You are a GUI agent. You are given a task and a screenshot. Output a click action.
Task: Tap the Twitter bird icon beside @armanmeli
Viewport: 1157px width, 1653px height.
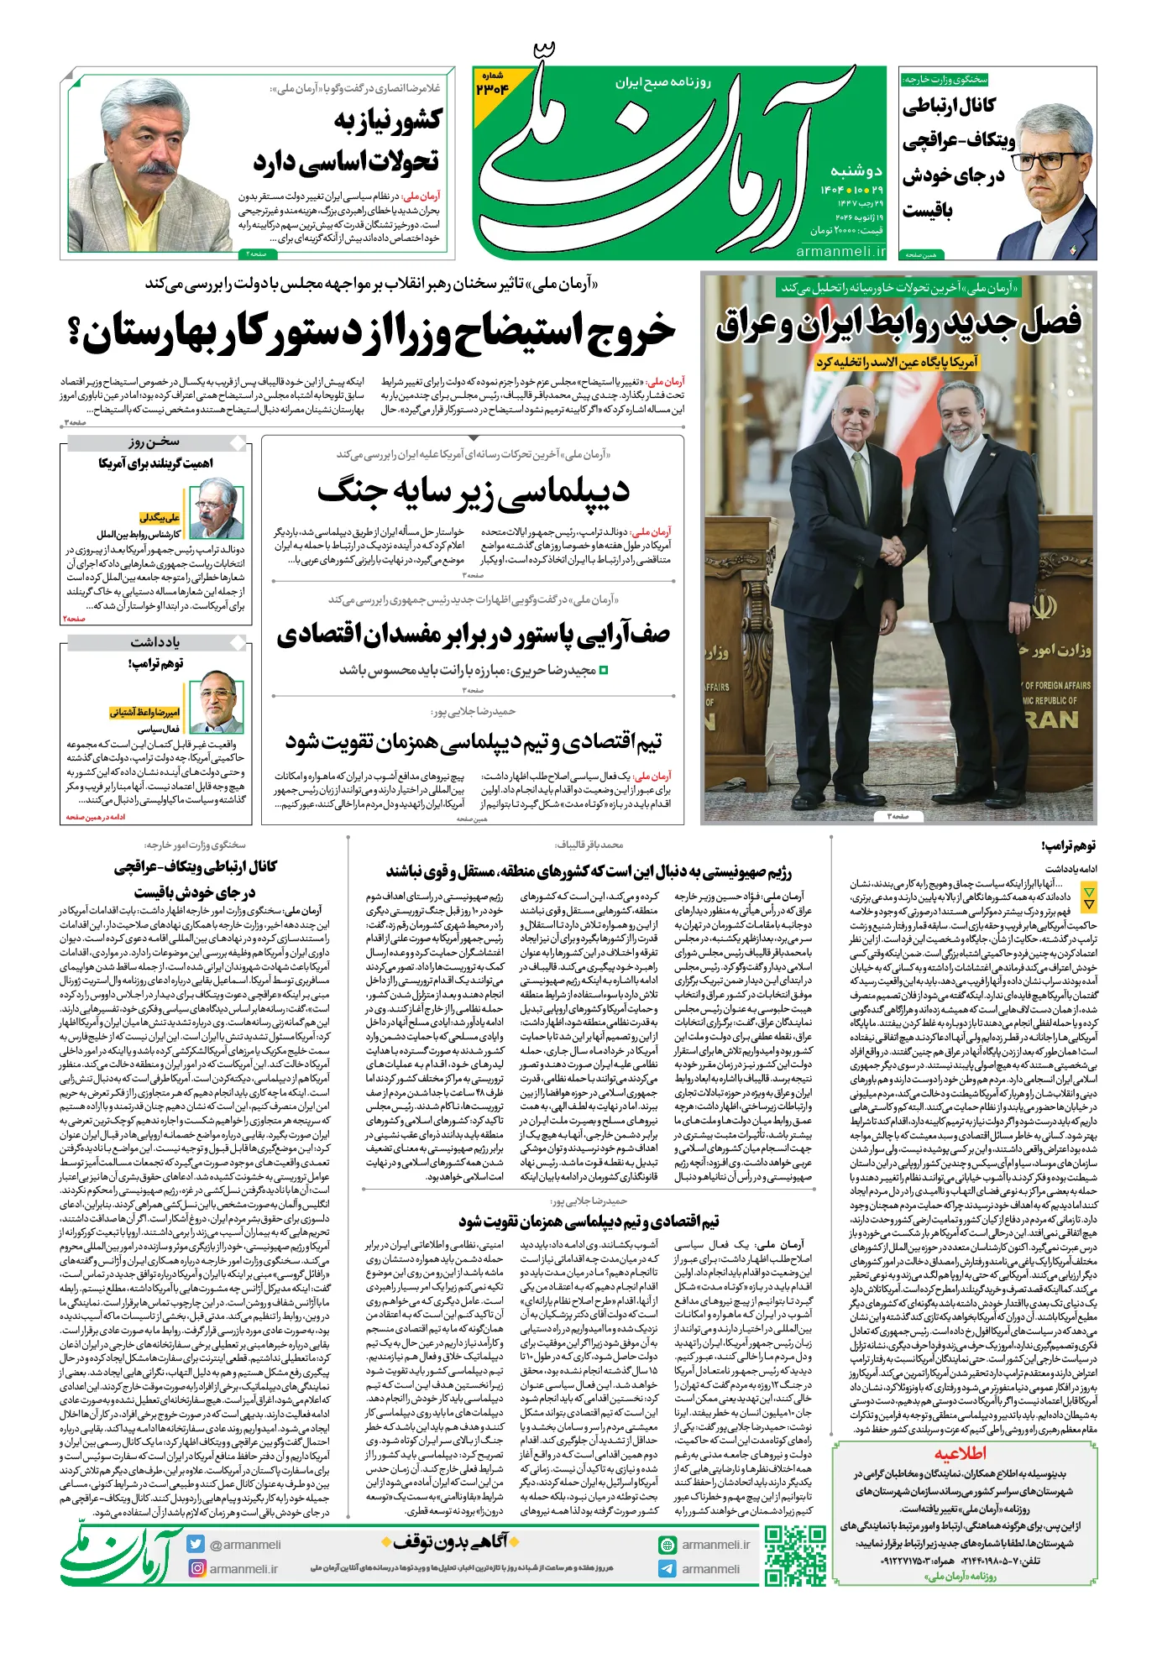point(196,1544)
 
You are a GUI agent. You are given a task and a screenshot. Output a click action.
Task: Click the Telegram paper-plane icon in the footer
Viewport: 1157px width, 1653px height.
point(667,1568)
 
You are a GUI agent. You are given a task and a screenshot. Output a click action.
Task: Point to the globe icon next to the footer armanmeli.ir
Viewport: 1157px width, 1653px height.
point(667,1545)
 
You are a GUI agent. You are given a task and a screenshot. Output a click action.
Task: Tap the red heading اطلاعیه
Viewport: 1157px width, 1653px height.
point(961,1453)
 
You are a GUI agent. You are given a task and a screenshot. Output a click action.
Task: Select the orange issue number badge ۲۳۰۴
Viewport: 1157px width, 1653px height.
point(492,85)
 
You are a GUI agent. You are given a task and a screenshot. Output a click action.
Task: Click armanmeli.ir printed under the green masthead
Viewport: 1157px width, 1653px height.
point(840,251)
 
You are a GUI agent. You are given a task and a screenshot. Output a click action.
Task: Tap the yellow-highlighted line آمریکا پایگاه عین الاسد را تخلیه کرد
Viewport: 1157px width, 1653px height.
point(897,363)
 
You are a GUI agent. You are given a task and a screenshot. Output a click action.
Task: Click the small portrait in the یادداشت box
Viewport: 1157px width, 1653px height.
point(217,700)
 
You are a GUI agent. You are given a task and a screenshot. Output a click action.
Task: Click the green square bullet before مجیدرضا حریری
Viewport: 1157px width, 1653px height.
point(603,671)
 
